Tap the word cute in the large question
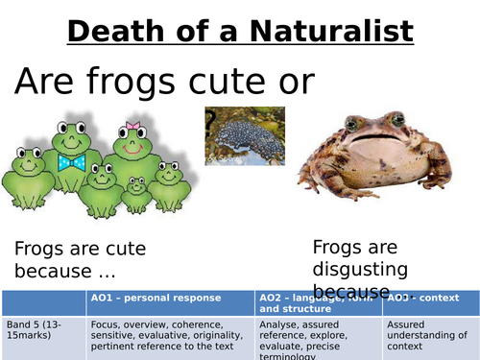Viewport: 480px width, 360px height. click(231, 84)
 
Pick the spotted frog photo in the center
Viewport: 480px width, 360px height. click(245, 134)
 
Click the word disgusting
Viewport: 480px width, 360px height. click(360, 270)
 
